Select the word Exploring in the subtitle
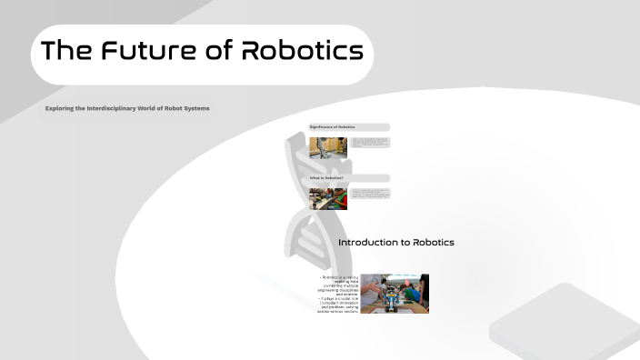click(x=63, y=108)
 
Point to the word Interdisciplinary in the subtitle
click(x=115, y=108)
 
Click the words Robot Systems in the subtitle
click(x=187, y=108)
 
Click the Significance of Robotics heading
click(x=333, y=126)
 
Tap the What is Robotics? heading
click(x=327, y=177)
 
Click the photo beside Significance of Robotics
click(x=328, y=147)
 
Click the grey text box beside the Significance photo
click(x=370, y=143)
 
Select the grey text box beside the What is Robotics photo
click(x=370, y=193)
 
